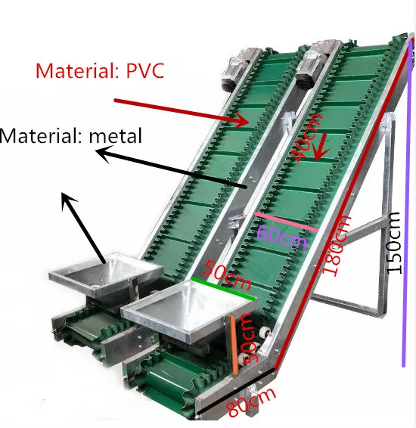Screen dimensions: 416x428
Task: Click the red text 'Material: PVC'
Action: pos(100,70)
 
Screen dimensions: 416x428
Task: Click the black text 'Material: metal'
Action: pos(71,135)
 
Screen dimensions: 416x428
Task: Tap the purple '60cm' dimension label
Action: pos(281,237)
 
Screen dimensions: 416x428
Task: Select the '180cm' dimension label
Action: pos(337,245)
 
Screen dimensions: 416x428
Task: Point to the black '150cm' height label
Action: pos(394,243)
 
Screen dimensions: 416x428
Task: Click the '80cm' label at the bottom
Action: pos(250,402)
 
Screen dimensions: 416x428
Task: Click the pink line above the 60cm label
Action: pos(286,222)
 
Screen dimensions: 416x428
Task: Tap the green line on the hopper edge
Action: pos(223,289)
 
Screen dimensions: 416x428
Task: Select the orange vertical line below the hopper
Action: pos(234,345)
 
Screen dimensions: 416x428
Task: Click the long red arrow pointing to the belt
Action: pos(182,113)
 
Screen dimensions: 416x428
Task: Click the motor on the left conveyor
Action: pos(237,69)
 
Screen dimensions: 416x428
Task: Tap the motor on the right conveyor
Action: pos(315,64)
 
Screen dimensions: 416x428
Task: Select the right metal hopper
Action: pos(189,311)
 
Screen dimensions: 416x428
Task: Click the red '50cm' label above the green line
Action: pos(228,275)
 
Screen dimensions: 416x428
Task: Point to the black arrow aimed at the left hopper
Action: pos(83,228)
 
